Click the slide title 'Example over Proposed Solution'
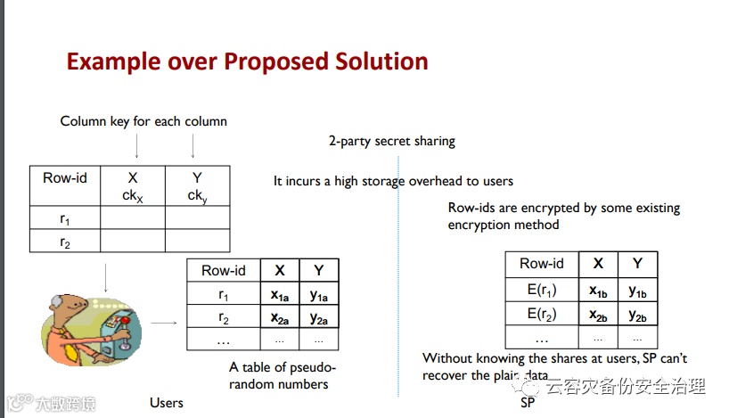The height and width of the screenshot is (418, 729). [x=247, y=61]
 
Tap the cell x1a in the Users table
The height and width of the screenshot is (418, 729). [x=279, y=295]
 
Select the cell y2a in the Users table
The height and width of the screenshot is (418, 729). [x=318, y=317]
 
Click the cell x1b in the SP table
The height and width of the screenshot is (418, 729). [x=598, y=290]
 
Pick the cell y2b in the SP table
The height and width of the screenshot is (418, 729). [x=637, y=314]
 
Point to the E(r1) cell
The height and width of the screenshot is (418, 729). [x=542, y=290]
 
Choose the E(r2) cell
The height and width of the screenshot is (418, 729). [x=542, y=314]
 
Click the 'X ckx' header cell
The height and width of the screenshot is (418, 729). [x=133, y=186]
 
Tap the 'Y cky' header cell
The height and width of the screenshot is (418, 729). [x=196, y=186]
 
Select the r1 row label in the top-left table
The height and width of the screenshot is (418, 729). [x=65, y=218]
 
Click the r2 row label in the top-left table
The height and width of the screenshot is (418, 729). [x=65, y=242]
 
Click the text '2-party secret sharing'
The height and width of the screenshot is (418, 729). [x=391, y=141]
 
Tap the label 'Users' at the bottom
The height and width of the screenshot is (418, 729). [x=167, y=403]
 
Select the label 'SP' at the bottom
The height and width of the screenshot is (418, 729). [x=527, y=403]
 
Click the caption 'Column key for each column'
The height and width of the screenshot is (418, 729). [x=143, y=121]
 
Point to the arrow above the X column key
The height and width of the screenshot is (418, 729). [x=133, y=145]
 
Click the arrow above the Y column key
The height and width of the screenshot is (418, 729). [x=192, y=145]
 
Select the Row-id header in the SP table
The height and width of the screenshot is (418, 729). [x=542, y=263]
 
